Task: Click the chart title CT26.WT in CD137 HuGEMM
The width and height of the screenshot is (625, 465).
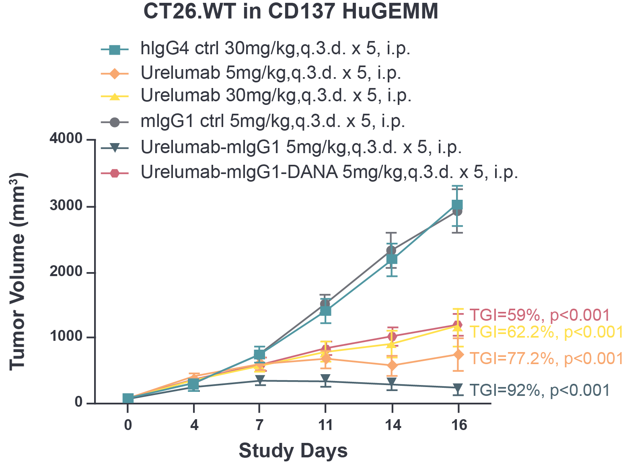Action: pyautogui.click(x=290, y=12)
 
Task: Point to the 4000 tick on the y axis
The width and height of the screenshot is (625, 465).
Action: pyautogui.click(x=66, y=139)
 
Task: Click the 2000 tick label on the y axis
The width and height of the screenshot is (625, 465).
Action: pyautogui.click(x=66, y=272)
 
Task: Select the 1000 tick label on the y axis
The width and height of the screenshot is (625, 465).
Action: pyautogui.click(x=66, y=337)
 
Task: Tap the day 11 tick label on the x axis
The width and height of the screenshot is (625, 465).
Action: pyautogui.click(x=325, y=425)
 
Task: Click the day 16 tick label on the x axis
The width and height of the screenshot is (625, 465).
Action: pyautogui.click(x=458, y=425)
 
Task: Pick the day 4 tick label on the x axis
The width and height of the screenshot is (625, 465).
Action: pyautogui.click(x=194, y=425)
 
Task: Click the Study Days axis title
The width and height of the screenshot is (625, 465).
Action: pyautogui.click(x=293, y=451)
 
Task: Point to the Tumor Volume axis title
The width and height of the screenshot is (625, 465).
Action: pyautogui.click(x=17, y=271)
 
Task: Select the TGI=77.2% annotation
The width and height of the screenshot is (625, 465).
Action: pyautogui.click(x=546, y=358)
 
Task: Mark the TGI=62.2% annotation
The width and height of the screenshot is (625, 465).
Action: pyautogui.click(x=546, y=332)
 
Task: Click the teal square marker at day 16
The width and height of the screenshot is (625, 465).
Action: pyautogui.click(x=457, y=205)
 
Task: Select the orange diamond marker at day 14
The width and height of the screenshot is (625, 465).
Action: pyautogui.click(x=392, y=365)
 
